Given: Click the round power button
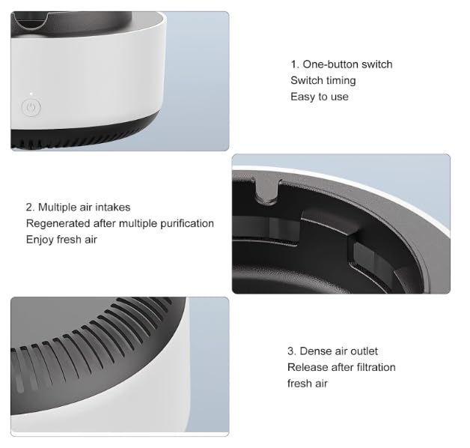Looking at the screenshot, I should [30, 107].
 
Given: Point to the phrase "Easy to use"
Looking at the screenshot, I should [320, 97].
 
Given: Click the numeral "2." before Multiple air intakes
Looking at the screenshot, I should [30, 207].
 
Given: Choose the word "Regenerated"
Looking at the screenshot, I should [55, 223].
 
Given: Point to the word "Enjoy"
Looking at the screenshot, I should [40, 240].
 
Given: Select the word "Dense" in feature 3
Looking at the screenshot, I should [314, 351].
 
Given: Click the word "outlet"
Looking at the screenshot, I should [363, 351].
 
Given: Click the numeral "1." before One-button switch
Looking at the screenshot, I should [295, 64].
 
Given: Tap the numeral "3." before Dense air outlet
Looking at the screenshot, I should [292, 351].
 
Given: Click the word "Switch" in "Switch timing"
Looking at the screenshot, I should [305, 80].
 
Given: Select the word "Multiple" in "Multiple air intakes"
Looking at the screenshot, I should [59, 207].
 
